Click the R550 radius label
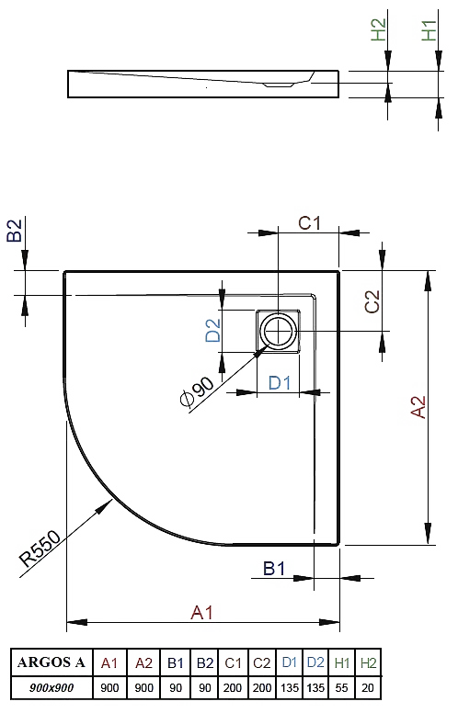(40, 548)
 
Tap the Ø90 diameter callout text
(196, 391)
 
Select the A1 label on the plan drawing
(201, 613)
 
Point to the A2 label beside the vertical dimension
(418, 407)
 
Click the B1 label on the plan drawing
(274, 569)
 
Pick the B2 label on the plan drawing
(15, 230)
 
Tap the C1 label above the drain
(310, 222)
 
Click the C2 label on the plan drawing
(372, 301)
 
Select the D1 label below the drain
(280, 382)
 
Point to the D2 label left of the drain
(212, 330)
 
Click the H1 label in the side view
(429, 30)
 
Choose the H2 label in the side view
(378, 29)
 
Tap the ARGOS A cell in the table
(52, 662)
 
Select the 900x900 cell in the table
(52, 687)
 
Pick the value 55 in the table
(341, 687)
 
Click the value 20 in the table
(367, 687)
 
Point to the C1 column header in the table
(233, 663)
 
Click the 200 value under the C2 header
(262, 687)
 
